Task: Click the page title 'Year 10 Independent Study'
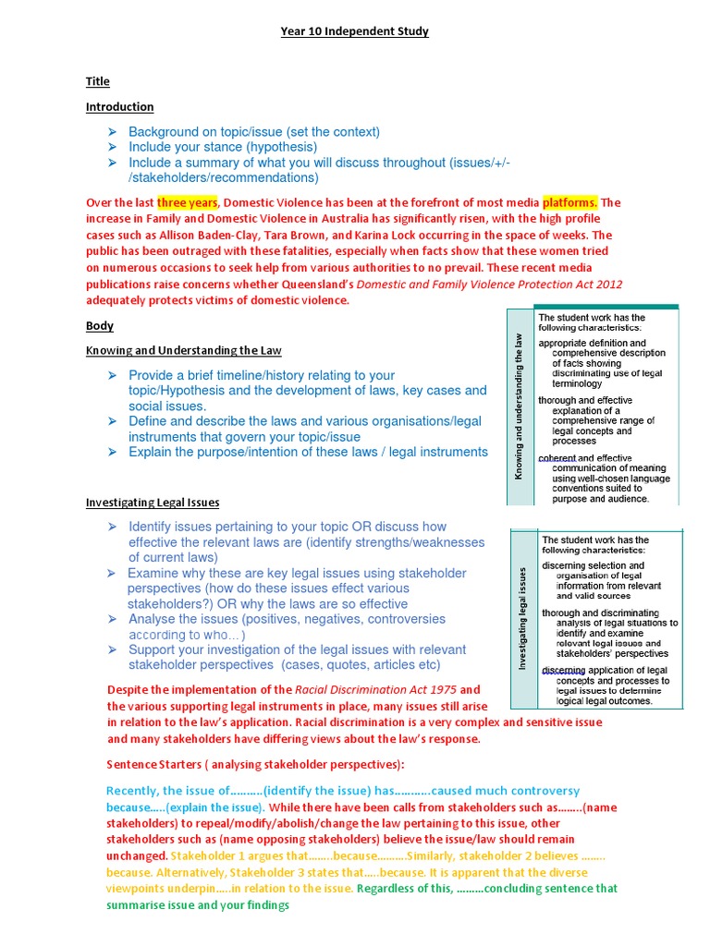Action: (355, 31)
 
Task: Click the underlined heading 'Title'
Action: (98, 82)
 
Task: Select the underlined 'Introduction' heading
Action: (120, 107)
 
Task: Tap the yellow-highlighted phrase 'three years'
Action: (188, 203)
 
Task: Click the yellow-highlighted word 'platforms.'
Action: (570, 203)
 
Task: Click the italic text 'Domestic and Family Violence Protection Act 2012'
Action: (489, 284)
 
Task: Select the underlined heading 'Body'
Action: (100, 326)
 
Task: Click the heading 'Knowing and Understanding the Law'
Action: (184, 351)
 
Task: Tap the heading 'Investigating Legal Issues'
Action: (153, 503)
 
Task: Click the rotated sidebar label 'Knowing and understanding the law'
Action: (520, 406)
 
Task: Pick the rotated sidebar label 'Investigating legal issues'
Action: (523, 617)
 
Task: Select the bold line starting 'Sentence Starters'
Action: (255, 766)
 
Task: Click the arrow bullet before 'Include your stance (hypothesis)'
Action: (112, 147)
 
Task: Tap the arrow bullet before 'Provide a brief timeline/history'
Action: (112, 375)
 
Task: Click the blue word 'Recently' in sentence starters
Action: (134, 791)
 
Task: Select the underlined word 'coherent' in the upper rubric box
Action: (558, 458)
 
